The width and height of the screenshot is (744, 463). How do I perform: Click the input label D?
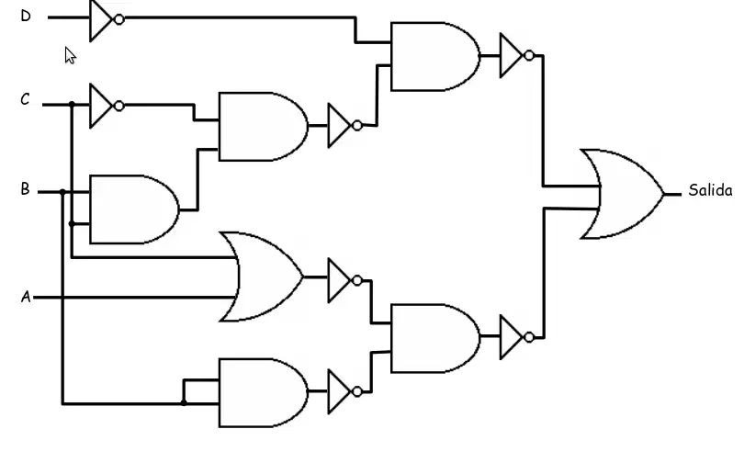coord(26,17)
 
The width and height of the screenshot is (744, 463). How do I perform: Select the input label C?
coord(25,99)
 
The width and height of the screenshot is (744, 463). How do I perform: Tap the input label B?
coord(25,189)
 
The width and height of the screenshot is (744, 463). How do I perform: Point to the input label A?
coord(26,297)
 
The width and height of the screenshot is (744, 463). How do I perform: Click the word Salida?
coord(710,190)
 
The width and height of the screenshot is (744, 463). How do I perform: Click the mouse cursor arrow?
coord(70,55)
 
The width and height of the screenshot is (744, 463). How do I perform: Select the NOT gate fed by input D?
coord(107,20)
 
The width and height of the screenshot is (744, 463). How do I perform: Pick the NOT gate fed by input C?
coord(107,106)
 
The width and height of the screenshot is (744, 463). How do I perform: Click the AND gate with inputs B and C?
coord(134,209)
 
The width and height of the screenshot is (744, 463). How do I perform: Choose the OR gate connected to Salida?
coord(622,194)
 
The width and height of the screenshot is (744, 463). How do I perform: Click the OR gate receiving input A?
coord(261,277)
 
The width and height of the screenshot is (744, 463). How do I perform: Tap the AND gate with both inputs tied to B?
coord(264,393)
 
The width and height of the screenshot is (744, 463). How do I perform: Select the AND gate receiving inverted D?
coord(435,56)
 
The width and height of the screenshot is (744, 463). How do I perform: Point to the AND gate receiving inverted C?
coord(264,127)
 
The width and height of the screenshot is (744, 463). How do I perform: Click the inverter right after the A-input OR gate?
coord(345,280)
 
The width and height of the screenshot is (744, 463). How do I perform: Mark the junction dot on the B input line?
coord(62,192)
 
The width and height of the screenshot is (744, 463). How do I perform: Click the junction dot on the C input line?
coord(72,104)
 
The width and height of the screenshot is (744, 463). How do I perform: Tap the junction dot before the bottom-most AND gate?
coord(184,403)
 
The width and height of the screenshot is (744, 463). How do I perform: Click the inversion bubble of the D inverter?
coord(119,19)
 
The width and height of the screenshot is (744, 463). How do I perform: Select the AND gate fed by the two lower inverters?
coord(435,338)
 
